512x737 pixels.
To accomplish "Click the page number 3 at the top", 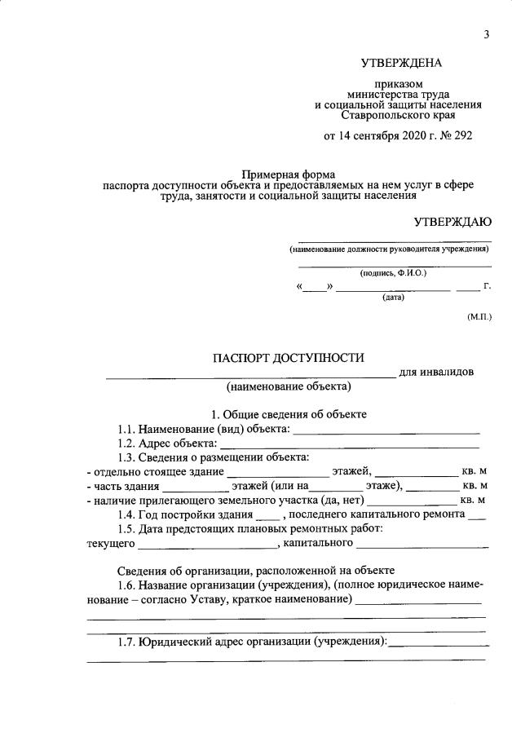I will pyautogui.click(x=487, y=33).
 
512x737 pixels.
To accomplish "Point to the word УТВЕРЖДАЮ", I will pyautogui.click(x=452, y=222).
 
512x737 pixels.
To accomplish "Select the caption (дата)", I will pyautogui.click(x=394, y=298).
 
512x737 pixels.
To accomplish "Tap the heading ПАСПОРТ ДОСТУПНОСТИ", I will pyautogui.click(x=289, y=359).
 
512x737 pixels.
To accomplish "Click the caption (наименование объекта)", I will pyautogui.click(x=289, y=386).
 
